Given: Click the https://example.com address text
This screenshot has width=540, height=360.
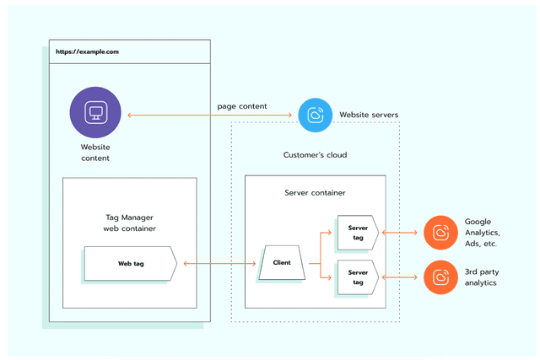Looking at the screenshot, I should click(87, 51).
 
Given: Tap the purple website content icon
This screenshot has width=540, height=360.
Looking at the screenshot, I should click(95, 114).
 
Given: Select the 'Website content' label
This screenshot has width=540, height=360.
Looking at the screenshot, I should click(95, 152).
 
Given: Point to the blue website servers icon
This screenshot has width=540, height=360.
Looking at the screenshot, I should click(316, 115).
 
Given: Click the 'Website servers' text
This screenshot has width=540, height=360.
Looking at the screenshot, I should click(370, 114).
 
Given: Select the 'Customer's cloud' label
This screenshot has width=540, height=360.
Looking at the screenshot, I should click(315, 155).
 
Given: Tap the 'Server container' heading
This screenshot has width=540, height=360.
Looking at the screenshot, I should click(315, 193).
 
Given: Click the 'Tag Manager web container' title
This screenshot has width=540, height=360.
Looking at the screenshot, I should click(130, 223).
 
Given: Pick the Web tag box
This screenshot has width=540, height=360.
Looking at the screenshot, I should click(130, 264).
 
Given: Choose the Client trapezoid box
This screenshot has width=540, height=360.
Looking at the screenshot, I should click(282, 263).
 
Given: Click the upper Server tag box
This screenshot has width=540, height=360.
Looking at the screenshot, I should click(359, 232).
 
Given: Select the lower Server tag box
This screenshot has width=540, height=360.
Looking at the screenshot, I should click(359, 277).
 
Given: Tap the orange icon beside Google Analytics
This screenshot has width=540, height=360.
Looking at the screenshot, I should click(440, 232).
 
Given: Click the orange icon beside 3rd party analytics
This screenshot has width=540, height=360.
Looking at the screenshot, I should click(440, 277).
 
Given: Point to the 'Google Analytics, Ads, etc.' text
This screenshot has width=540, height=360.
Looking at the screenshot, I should click(482, 232).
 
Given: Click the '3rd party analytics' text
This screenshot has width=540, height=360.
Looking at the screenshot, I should click(480, 277).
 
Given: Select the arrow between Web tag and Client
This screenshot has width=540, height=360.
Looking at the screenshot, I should click(218, 264).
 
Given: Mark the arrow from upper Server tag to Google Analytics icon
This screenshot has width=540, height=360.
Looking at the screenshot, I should click(401, 232).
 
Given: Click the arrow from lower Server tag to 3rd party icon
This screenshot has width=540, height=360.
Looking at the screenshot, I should click(401, 277).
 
